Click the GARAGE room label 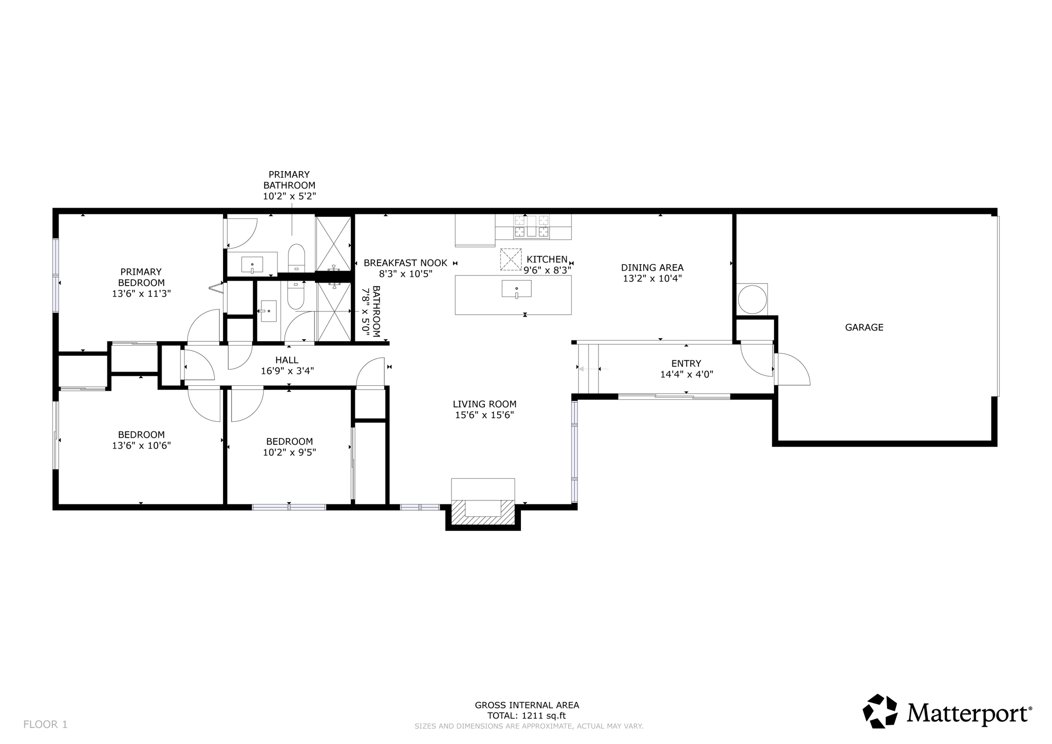pyautogui.click(x=864, y=327)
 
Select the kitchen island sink pyautogui.click(x=516, y=289)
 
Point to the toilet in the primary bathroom pyautogui.click(x=296, y=257)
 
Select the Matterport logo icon pyautogui.click(x=880, y=711)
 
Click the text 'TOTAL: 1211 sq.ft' pyautogui.click(x=527, y=716)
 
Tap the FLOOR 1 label pyautogui.click(x=45, y=724)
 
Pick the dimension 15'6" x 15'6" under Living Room pyautogui.click(x=484, y=415)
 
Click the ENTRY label pyautogui.click(x=686, y=364)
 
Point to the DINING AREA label pyautogui.click(x=652, y=268)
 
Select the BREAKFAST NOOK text pyautogui.click(x=405, y=263)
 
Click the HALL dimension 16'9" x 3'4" pyautogui.click(x=287, y=371)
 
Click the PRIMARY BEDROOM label pyautogui.click(x=141, y=277)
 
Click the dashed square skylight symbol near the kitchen pyautogui.click(x=511, y=259)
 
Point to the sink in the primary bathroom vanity pyautogui.click(x=252, y=265)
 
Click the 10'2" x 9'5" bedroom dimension pyautogui.click(x=289, y=452)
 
